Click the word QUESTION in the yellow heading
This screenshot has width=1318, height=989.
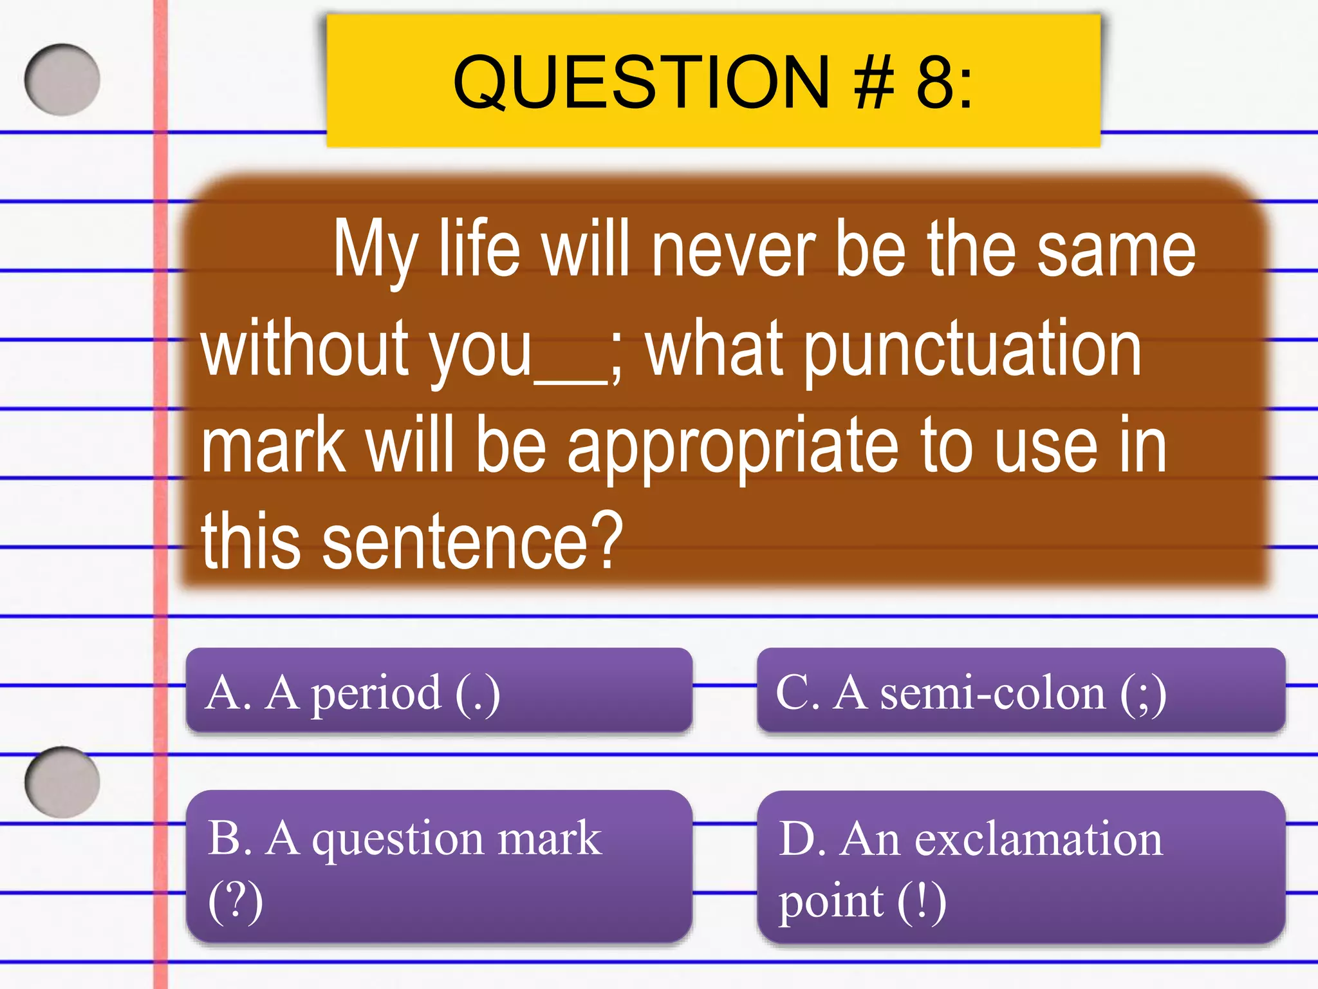pyautogui.click(x=641, y=82)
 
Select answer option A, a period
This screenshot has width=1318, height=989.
pyautogui.click(x=439, y=692)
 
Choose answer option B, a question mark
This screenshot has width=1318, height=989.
pyautogui.click(x=439, y=867)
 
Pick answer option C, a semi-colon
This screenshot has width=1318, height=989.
pyautogui.click(x=1021, y=692)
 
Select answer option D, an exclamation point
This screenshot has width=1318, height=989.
pyautogui.click(x=1021, y=867)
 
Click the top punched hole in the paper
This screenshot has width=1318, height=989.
pyautogui.click(x=62, y=80)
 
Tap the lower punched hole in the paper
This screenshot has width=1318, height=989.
pyautogui.click(x=62, y=782)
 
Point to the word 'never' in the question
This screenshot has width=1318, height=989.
pyautogui.click(x=733, y=251)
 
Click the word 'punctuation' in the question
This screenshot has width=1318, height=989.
pyautogui.click(x=973, y=351)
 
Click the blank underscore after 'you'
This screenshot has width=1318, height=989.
pyautogui.click(x=570, y=380)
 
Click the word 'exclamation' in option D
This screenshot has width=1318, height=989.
pyautogui.click(x=1039, y=840)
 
